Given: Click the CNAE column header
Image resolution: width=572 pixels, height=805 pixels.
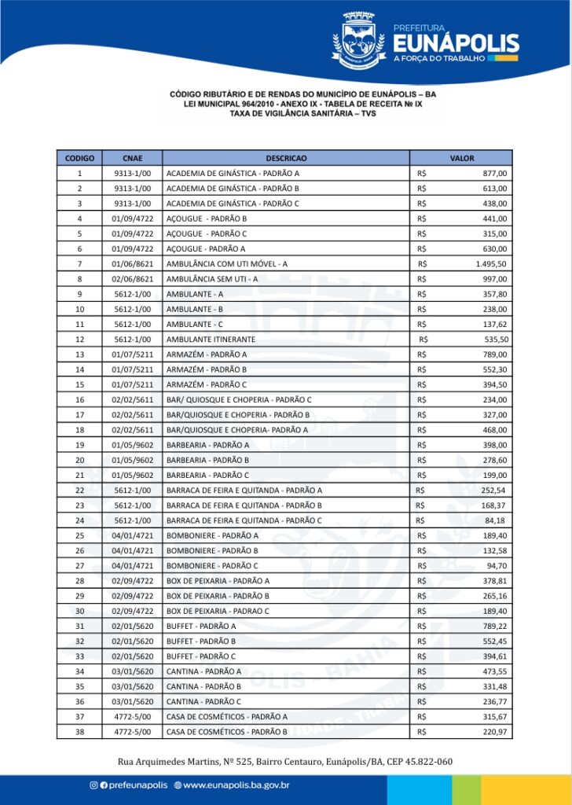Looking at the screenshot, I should click(132, 158).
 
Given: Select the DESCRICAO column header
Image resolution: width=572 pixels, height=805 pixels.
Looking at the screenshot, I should click(286, 158).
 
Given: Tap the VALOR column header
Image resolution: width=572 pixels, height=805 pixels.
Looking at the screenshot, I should click(461, 158).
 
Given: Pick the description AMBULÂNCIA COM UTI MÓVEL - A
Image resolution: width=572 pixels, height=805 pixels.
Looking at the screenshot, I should click(226, 263).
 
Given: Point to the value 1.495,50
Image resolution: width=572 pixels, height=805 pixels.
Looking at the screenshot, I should click(491, 263).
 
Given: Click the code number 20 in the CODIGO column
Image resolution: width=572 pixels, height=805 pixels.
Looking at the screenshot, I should click(79, 460).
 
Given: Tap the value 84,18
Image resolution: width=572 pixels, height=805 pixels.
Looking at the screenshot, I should click(495, 520).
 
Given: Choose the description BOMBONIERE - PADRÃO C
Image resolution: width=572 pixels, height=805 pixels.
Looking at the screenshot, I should click(212, 565).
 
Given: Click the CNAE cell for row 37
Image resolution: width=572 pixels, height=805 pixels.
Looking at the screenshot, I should click(132, 716).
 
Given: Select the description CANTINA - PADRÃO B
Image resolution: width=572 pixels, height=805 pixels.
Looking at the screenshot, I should click(203, 686).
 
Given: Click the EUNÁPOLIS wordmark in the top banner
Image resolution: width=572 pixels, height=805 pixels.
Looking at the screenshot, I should click(455, 42).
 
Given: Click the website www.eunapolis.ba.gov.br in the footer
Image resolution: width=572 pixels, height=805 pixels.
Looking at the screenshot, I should click(236, 785).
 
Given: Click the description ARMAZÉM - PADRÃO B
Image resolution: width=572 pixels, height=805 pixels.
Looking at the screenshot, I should click(207, 369).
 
